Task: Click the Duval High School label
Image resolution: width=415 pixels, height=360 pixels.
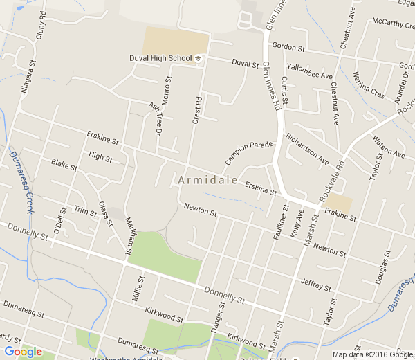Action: point(160,58)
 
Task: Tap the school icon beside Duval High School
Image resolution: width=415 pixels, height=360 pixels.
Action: point(198,58)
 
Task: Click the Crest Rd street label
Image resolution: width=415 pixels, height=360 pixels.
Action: point(197,111)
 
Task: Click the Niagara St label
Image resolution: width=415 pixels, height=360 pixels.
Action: point(28,69)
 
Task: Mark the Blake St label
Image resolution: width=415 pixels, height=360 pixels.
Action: point(63,164)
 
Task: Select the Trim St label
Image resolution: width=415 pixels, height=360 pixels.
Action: point(85,211)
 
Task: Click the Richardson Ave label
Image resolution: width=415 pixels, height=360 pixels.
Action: point(307,149)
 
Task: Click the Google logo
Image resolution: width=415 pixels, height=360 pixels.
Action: point(23,352)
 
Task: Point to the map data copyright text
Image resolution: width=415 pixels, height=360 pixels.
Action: point(372,354)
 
